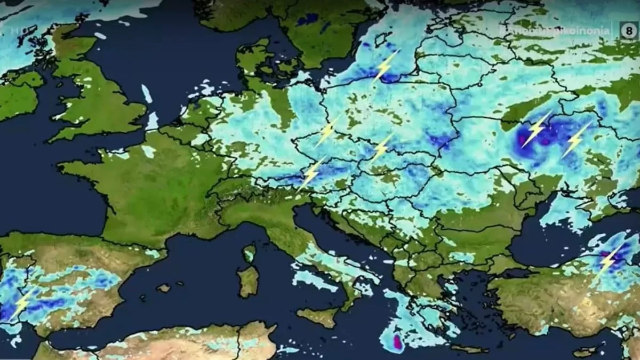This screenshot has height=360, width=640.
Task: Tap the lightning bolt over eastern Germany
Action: [327, 130]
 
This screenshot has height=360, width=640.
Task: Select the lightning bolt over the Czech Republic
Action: [382, 147]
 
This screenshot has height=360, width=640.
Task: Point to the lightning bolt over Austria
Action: [311, 173]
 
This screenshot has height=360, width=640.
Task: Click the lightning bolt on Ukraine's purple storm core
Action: [536, 129]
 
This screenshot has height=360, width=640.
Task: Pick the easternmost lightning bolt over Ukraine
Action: [576, 139]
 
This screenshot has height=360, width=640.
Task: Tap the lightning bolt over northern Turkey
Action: [609, 261]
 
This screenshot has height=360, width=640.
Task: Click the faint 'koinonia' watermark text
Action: [555, 31]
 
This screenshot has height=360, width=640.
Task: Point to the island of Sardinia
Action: [248, 281]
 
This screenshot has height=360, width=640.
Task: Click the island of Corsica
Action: [249, 253]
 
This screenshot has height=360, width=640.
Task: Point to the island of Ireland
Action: [19, 96]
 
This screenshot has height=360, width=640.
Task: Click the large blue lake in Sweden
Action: [308, 20]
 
